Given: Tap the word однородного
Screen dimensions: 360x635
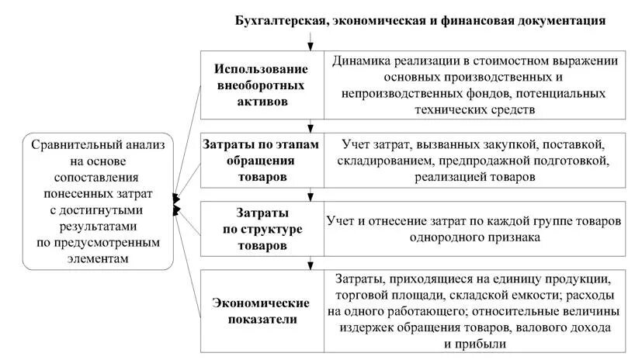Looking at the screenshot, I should [x=439, y=237].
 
